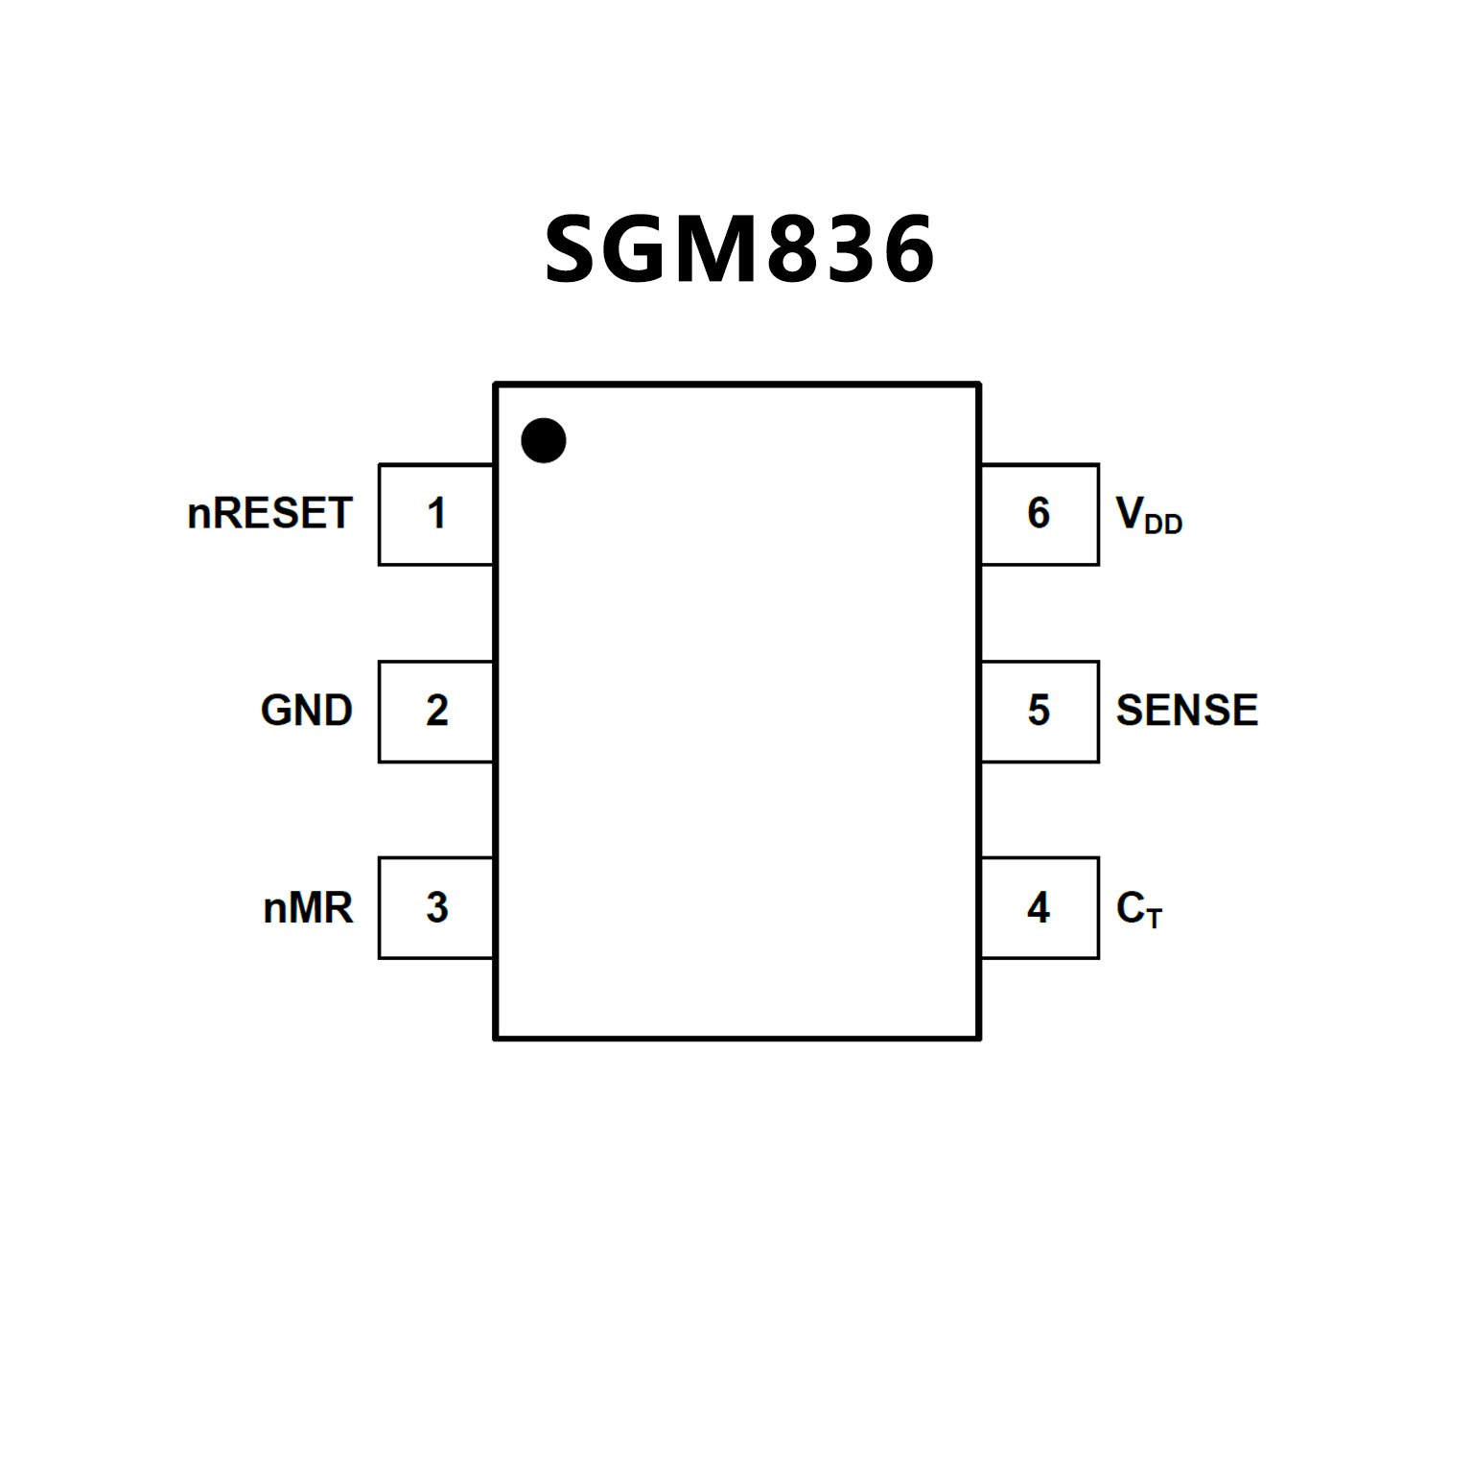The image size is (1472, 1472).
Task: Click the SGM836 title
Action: [x=738, y=249]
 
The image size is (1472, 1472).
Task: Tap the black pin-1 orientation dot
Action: [x=544, y=440]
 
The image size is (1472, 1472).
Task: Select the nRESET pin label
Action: [x=269, y=514]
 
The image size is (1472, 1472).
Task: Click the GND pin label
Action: [x=307, y=711]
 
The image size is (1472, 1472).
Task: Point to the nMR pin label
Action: [x=308, y=908]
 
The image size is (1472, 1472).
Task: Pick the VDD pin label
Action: [x=1149, y=515]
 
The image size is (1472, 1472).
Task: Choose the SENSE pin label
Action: [x=1186, y=711]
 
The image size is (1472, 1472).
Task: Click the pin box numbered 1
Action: [x=436, y=514]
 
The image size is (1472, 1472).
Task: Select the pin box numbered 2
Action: [x=436, y=711]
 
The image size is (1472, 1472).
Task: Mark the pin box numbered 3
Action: [x=436, y=907]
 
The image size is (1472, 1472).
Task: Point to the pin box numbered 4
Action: [x=1040, y=907]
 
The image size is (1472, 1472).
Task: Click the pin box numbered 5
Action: [x=1040, y=711]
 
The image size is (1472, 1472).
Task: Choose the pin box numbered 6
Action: [x=1040, y=514]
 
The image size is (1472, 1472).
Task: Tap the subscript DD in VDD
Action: [x=1163, y=525]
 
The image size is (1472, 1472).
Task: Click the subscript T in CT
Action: [x=1154, y=919]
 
